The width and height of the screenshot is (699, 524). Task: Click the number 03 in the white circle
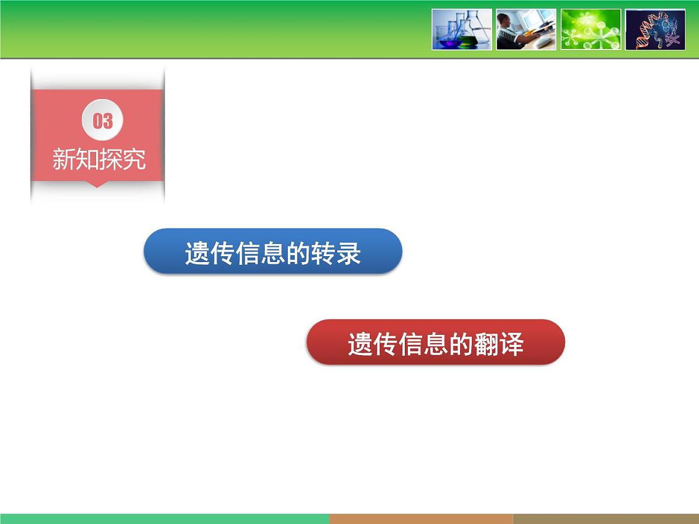point(103,121)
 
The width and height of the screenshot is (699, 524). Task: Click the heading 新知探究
point(98,159)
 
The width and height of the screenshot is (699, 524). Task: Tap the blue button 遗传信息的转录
point(273,252)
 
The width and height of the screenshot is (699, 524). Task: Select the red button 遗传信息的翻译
point(436,342)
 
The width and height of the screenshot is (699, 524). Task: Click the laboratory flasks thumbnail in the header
point(462,29)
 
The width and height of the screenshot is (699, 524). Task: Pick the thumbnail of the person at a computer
point(526,29)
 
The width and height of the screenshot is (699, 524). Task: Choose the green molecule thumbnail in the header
point(591,29)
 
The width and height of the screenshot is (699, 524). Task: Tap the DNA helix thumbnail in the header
point(655,29)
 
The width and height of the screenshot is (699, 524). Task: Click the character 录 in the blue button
point(349,254)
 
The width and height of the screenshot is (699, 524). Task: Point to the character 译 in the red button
point(512,344)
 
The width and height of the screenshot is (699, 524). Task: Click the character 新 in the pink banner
point(63,159)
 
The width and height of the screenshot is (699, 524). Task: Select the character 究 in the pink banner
point(134,159)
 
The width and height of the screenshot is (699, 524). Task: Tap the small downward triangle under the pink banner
point(97,185)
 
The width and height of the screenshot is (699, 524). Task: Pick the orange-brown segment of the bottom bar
point(421,519)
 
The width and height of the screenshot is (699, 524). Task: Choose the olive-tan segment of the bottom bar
point(606,519)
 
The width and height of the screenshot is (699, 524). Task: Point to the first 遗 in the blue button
point(197,254)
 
